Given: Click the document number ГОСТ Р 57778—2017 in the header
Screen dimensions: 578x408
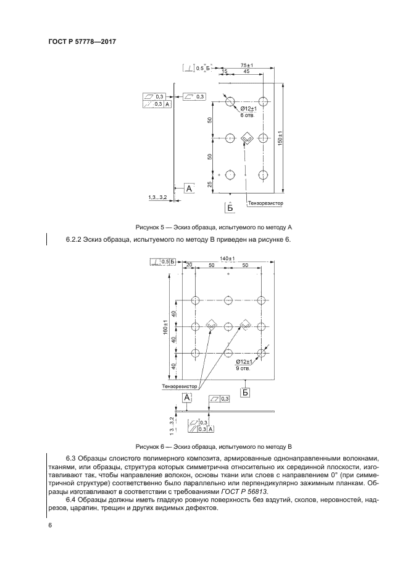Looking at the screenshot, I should pyautogui.click(x=82, y=42).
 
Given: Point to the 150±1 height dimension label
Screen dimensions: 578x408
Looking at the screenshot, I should pyautogui.click(x=280, y=140).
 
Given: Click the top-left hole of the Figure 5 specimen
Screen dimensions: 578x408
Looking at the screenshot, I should pyautogui.click(x=230, y=101).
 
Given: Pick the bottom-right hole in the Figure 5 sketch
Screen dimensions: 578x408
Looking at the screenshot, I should pyautogui.click(x=264, y=175).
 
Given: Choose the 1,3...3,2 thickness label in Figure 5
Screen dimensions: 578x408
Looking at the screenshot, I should pyautogui.click(x=158, y=197).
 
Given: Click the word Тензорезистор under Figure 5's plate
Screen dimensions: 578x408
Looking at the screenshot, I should pyautogui.click(x=264, y=202).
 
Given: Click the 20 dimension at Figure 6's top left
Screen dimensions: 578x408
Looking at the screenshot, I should pyautogui.click(x=189, y=265).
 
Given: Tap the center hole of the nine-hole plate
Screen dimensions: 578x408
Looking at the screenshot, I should pyautogui.click(x=228, y=325).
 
